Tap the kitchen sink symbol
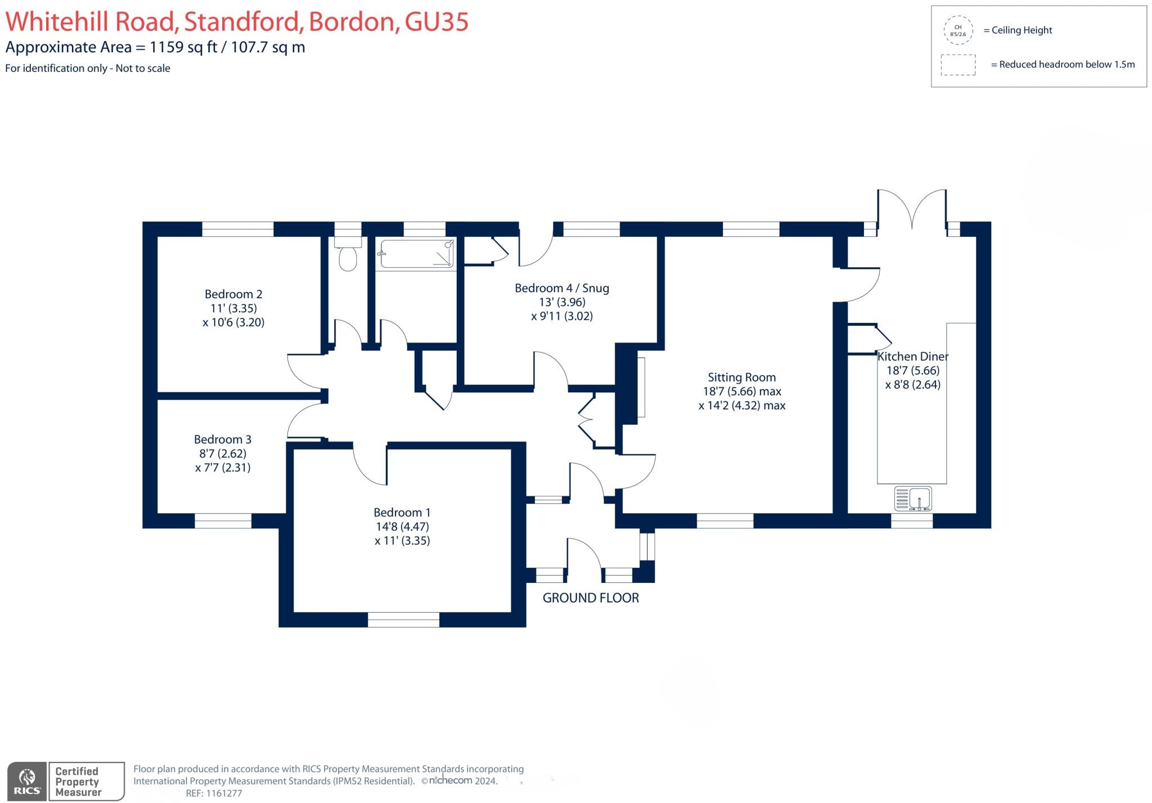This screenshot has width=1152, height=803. [912, 499]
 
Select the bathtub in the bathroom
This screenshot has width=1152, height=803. [417, 254]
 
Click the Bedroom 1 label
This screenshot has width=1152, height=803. [402, 513]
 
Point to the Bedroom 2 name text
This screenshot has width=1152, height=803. [233, 294]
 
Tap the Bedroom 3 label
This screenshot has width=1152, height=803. [223, 439]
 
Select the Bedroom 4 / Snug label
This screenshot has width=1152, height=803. [562, 288]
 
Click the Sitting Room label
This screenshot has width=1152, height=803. [741, 378]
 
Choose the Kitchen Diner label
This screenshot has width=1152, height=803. [913, 356]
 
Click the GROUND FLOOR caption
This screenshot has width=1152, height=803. [591, 598]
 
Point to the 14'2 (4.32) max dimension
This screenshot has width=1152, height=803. [742, 406]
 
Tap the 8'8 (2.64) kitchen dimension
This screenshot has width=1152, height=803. [913, 385]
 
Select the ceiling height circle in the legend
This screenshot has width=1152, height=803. [958, 30]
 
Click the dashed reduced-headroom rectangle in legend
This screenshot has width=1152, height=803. [958, 65]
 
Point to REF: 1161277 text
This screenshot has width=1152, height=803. [214, 793]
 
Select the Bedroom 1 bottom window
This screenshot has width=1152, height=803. [403, 620]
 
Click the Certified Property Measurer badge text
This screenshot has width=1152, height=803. [78, 782]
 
